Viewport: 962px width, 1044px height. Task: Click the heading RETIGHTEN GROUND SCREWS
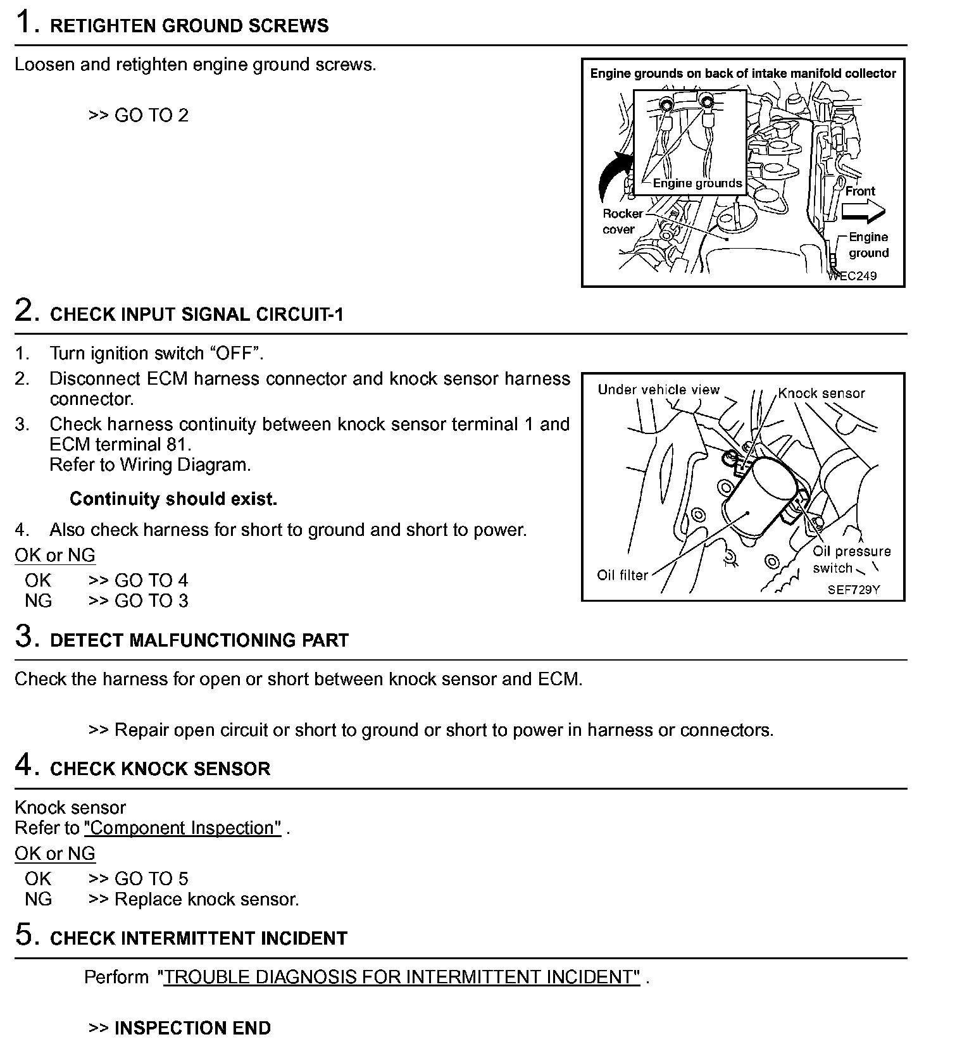point(189,26)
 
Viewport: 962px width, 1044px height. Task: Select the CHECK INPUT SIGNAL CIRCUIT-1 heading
point(196,314)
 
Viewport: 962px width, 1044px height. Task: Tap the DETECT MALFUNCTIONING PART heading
point(199,640)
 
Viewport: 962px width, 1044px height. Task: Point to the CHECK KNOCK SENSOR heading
point(159,769)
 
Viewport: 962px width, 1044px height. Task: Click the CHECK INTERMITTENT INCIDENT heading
point(198,938)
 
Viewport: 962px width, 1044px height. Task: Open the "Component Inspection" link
point(182,828)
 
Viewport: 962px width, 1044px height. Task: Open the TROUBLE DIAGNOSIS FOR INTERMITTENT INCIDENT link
point(401,977)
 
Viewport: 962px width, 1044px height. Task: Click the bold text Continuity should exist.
point(173,499)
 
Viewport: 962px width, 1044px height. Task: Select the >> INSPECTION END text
point(179,1028)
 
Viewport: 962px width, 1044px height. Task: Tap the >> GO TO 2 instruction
point(139,115)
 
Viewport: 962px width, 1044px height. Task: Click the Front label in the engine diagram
point(860,191)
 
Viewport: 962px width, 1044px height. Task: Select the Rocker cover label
point(622,221)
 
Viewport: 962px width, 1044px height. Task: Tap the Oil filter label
point(622,575)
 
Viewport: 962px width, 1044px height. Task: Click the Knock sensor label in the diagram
point(821,393)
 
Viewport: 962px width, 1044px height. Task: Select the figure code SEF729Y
point(854,590)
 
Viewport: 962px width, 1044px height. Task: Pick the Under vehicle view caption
point(658,390)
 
